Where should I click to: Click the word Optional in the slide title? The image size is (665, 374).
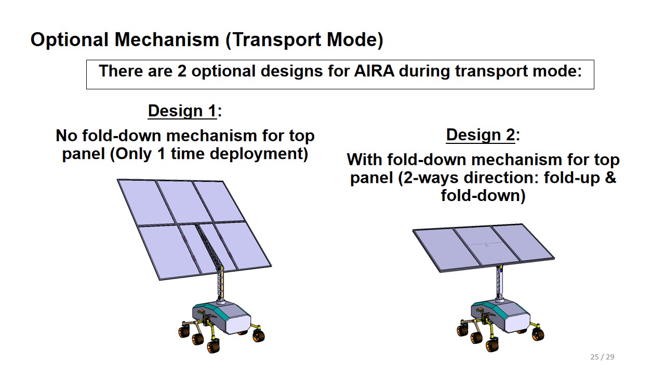pyautogui.click(x=70, y=40)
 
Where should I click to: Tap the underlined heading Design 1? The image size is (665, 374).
pyautogui.click(x=182, y=111)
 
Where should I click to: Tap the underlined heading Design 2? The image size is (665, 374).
pyautogui.click(x=481, y=135)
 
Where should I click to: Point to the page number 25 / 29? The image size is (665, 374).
pyautogui.click(x=602, y=357)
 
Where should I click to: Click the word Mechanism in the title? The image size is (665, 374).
pyautogui.click(x=167, y=40)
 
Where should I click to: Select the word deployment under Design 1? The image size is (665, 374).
pyautogui.click(x=259, y=154)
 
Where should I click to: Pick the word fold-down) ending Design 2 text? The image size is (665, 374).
pyautogui.click(x=483, y=195)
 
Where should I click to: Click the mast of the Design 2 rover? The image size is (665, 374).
pyautogui.click(x=499, y=282)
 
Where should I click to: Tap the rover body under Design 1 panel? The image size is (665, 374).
pyautogui.click(x=222, y=317)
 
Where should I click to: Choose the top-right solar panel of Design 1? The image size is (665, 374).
pyautogui.click(x=219, y=201)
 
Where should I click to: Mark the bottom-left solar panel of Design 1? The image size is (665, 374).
pyautogui.click(x=169, y=252)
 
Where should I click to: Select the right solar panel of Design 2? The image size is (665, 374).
pyautogui.click(x=522, y=243)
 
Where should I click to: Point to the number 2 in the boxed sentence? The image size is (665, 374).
pyautogui.click(x=182, y=71)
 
